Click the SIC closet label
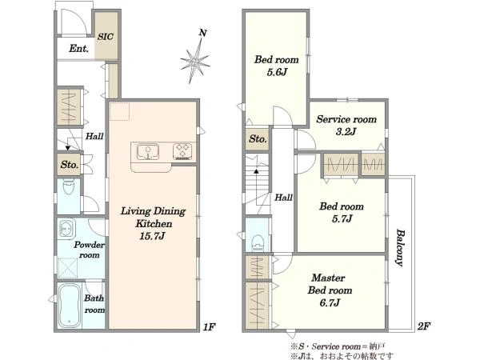pyautogui.click(x=106, y=37)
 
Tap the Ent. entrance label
pyautogui.click(x=78, y=48)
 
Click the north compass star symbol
pyautogui.click(x=195, y=62)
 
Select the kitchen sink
pyautogui.click(x=148, y=152)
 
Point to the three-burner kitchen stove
pyautogui.click(x=182, y=152)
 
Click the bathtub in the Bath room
pyautogui.click(x=70, y=306)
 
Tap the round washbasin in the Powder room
pyautogui.click(x=66, y=228)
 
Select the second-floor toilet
pyautogui.click(x=258, y=242)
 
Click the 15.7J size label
pyautogui.click(x=152, y=236)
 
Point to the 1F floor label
pyautogui.click(x=210, y=327)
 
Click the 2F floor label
pyautogui.click(x=424, y=326)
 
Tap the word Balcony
pyautogui.click(x=400, y=247)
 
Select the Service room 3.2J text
pyautogui.click(x=346, y=125)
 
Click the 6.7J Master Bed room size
pyautogui.click(x=330, y=302)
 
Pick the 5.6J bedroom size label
pyautogui.click(x=277, y=72)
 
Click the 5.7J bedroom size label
pyautogui.click(x=342, y=218)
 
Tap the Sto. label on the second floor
pyautogui.click(x=258, y=139)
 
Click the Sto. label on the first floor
pyautogui.click(x=70, y=165)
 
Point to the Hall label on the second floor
pyautogui.click(x=283, y=198)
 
